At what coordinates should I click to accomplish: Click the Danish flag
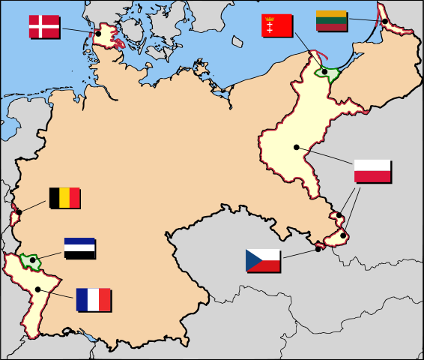44,26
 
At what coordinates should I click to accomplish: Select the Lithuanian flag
330,20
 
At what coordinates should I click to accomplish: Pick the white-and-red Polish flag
372,171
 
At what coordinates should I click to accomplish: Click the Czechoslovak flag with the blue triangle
263,260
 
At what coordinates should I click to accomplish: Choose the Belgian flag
64,198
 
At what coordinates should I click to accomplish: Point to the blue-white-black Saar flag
79,248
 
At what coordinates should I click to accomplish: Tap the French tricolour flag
93,300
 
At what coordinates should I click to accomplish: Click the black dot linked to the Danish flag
98,34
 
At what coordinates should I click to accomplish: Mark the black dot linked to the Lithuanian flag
384,21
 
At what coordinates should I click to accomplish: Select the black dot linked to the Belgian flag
19,212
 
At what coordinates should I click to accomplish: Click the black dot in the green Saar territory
32,259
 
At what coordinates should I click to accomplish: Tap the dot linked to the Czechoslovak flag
318,249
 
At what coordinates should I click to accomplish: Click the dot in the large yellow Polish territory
297,147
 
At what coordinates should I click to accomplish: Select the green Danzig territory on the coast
328,73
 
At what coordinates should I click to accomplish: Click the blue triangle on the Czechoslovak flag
252,260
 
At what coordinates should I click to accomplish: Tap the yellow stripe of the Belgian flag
64,198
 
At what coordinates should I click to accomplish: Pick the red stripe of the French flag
105,300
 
